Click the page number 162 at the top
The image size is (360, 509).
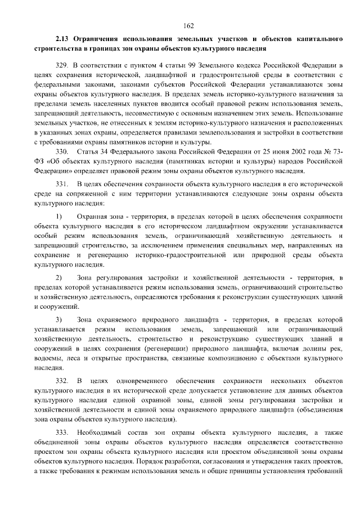click(x=188, y=25)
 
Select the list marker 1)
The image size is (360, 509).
click(x=59, y=217)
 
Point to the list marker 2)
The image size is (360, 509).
click(x=59, y=278)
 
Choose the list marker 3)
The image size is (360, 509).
click(x=59, y=320)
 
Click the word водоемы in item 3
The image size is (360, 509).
click(x=49, y=358)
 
